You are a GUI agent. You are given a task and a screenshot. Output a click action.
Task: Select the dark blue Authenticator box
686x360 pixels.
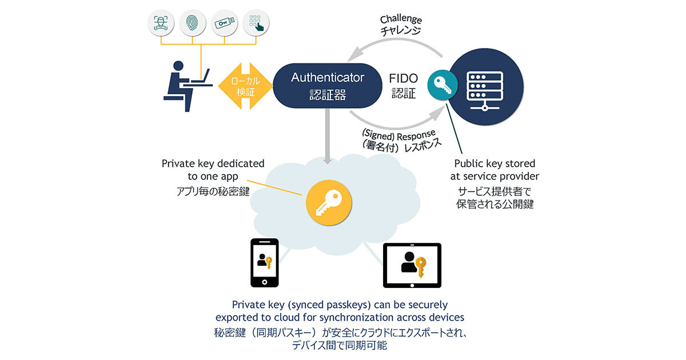[328, 85]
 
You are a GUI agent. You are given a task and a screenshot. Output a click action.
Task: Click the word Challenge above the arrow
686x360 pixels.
[400, 21]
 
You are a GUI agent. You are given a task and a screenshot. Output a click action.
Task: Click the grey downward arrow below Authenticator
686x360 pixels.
[328, 138]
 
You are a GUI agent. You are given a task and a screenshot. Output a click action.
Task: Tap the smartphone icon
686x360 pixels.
[265, 263]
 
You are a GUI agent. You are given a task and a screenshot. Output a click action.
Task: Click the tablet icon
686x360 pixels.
[412, 265]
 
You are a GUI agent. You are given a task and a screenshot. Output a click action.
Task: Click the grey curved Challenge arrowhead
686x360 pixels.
[356, 54]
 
